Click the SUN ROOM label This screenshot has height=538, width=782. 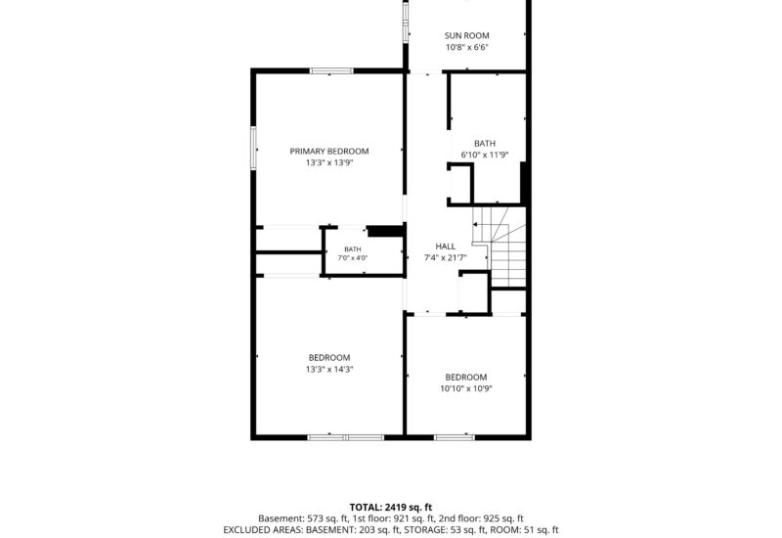(466, 35)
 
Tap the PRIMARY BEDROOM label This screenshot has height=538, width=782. (329, 152)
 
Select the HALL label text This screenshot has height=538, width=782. (446, 247)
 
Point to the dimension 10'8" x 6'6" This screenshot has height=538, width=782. (467, 47)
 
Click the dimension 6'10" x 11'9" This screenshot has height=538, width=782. (484, 155)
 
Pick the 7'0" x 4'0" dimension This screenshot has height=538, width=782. (353, 258)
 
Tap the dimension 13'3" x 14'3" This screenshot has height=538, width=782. (329, 370)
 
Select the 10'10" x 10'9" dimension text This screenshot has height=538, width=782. (466, 388)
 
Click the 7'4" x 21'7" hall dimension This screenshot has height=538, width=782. (446, 258)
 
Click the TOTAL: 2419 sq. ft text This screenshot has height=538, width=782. (390, 508)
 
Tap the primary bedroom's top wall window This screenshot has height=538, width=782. (331, 70)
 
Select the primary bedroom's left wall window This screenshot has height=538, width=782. (253, 148)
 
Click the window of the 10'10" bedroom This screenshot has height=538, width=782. (454, 437)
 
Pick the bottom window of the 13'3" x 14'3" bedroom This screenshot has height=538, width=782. (345, 437)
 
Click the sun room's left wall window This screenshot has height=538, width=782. (406, 22)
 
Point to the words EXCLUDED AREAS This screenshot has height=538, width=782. (263, 530)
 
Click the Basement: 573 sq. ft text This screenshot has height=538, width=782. (303, 519)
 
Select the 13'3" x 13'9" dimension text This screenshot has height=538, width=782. (329, 162)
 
